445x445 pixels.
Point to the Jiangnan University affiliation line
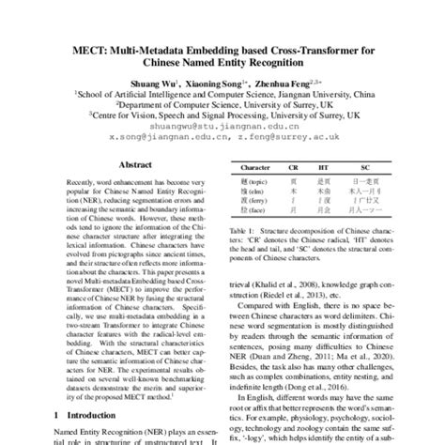click(222, 93)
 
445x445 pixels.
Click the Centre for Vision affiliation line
click(222, 114)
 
